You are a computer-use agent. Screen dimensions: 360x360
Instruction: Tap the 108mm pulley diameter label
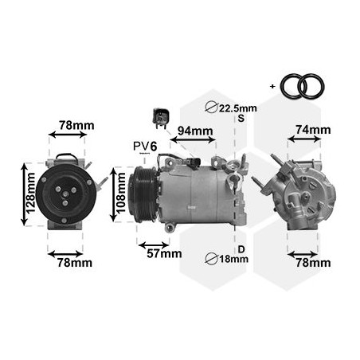(x=119, y=194)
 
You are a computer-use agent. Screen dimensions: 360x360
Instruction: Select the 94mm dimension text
(x=194, y=131)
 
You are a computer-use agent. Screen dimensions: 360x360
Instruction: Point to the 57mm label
(x=165, y=254)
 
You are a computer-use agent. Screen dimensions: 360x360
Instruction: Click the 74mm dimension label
(x=313, y=130)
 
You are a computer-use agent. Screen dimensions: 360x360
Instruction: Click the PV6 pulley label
(x=146, y=146)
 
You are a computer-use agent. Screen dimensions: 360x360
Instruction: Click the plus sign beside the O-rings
(x=274, y=84)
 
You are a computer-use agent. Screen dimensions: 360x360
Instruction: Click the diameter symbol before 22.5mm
(x=212, y=108)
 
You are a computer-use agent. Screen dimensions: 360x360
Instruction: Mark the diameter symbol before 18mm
(x=212, y=258)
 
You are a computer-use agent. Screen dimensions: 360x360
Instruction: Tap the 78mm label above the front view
(x=77, y=126)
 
